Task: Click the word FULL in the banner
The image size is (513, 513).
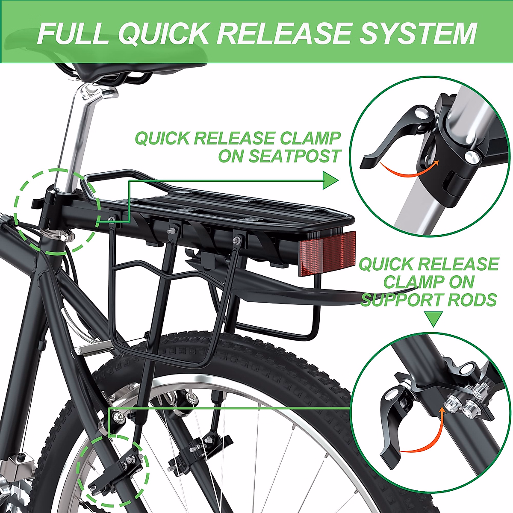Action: coord(73,33)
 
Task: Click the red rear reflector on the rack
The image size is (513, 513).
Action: coord(327,253)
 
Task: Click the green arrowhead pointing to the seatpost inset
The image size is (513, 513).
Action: coord(330,180)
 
